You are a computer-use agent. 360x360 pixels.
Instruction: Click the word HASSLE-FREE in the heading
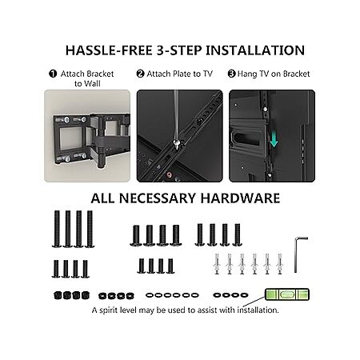point(109,50)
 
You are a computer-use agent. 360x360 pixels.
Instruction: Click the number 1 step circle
point(53,74)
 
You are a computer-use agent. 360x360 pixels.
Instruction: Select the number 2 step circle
point(140,74)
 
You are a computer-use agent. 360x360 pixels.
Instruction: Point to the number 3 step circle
point(231,74)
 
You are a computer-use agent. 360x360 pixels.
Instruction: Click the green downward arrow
point(274,139)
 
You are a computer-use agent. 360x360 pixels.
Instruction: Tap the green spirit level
point(287,294)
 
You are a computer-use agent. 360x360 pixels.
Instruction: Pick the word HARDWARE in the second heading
point(240,198)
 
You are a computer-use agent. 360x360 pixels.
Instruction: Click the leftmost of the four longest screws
point(57,229)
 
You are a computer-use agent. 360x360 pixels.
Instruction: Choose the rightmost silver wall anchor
point(279,264)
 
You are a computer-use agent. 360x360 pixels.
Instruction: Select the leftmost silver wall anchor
point(217,264)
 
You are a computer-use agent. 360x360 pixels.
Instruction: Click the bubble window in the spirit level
point(287,294)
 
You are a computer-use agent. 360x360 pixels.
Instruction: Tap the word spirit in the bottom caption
point(109,310)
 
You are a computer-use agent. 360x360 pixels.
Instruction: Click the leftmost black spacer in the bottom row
point(58,295)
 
